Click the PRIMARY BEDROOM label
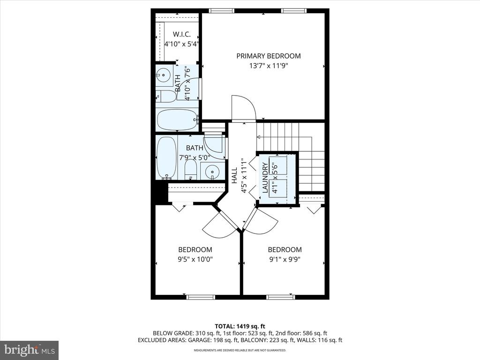(x=269, y=56)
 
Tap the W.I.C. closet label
(x=181, y=34)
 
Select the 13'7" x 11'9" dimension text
(x=269, y=66)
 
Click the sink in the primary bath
(x=164, y=75)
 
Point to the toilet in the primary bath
(x=166, y=97)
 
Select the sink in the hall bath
(x=211, y=171)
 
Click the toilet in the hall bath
(x=190, y=169)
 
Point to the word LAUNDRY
(x=265, y=178)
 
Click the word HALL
(x=234, y=175)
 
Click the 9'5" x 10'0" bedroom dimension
(x=195, y=260)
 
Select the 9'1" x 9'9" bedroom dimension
(x=285, y=260)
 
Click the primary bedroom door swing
(x=244, y=108)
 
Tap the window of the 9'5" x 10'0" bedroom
(x=201, y=297)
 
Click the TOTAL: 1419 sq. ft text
(x=240, y=326)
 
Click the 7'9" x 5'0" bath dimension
(x=195, y=158)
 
